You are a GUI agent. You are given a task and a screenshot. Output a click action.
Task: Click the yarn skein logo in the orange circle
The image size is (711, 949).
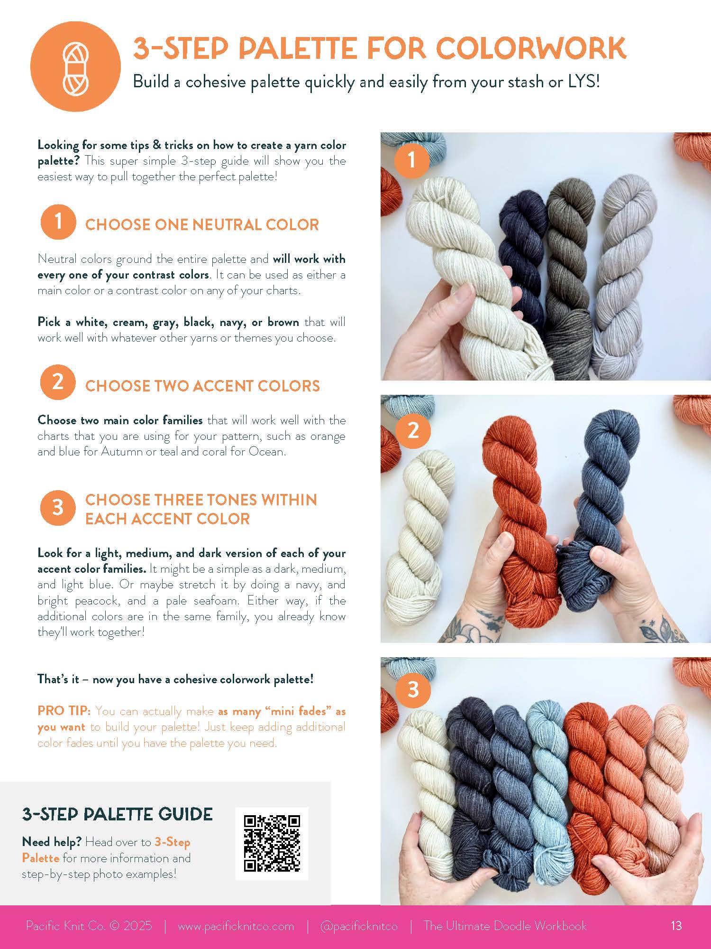coord(76,66)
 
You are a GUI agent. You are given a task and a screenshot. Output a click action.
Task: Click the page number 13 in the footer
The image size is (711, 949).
coord(676,925)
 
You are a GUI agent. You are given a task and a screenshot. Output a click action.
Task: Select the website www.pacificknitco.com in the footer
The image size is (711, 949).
coord(236,926)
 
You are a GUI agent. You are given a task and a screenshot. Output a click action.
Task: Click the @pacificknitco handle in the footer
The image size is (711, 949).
coord(358,926)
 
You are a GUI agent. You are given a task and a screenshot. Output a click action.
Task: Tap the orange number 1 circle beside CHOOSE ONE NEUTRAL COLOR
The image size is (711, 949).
coord(58,222)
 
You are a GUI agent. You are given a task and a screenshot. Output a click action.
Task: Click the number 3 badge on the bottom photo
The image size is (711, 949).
coord(413,689)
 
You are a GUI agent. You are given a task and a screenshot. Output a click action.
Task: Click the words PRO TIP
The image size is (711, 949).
coord(64,711)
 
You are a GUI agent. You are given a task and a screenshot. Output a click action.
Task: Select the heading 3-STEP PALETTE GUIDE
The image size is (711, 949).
coord(117,814)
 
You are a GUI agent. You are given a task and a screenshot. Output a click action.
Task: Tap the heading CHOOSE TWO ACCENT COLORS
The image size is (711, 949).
coord(202,386)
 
